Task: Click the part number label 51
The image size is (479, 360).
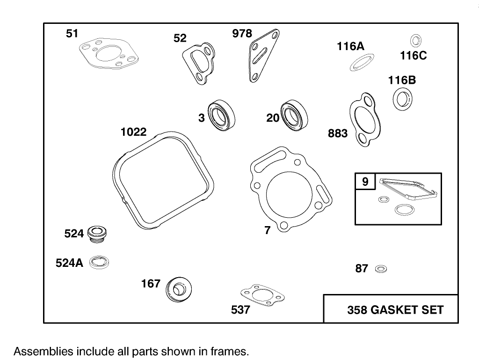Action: click(72, 33)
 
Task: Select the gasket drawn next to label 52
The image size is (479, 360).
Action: click(199, 63)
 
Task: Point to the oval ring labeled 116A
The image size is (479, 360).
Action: click(362, 62)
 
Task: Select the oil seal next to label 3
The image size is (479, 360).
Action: click(221, 115)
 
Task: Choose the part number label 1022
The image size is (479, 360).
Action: click(133, 132)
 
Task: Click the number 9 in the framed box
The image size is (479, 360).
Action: click(365, 181)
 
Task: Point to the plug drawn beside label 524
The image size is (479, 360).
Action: click(97, 233)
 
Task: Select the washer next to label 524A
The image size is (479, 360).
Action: click(99, 263)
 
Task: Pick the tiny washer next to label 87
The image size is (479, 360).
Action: click(381, 269)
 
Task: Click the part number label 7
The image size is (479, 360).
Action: click(267, 230)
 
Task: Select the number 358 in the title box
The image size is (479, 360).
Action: click(357, 310)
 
